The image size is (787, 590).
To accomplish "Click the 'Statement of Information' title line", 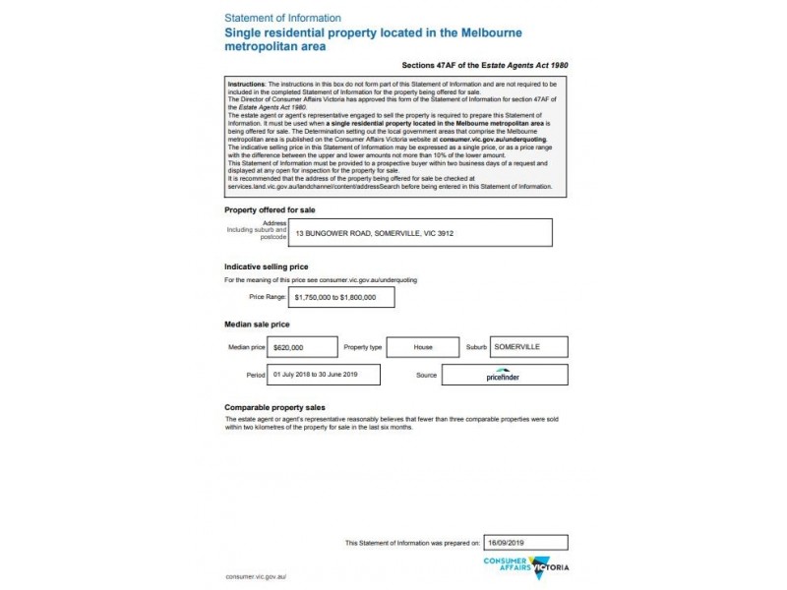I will pyautogui.click(x=283, y=18).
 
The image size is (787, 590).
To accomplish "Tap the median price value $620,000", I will pyautogui.click(x=289, y=347).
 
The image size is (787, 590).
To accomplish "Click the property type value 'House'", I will pyautogui.click(x=423, y=347).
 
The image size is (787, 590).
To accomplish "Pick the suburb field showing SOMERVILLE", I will pyautogui.click(x=516, y=347).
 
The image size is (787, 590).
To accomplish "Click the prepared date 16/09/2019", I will pyautogui.click(x=509, y=542).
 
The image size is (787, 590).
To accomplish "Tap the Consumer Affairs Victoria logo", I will pyautogui.click(x=526, y=566).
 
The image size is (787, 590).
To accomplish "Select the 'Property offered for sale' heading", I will pyautogui.click(x=271, y=210).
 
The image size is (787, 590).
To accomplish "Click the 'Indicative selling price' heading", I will pyautogui.click(x=267, y=266).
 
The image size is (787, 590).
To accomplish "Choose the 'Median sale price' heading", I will pyautogui.click(x=257, y=324).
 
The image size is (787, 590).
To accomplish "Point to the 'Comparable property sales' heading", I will pyautogui.click(x=274, y=407).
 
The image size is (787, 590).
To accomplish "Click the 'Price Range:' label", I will pyautogui.click(x=268, y=297).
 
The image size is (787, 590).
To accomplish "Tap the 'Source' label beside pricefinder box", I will pyautogui.click(x=426, y=376).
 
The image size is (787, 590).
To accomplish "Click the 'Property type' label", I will pyautogui.click(x=361, y=347).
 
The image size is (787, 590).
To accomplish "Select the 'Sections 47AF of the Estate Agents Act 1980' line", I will pyautogui.click(x=485, y=65).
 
